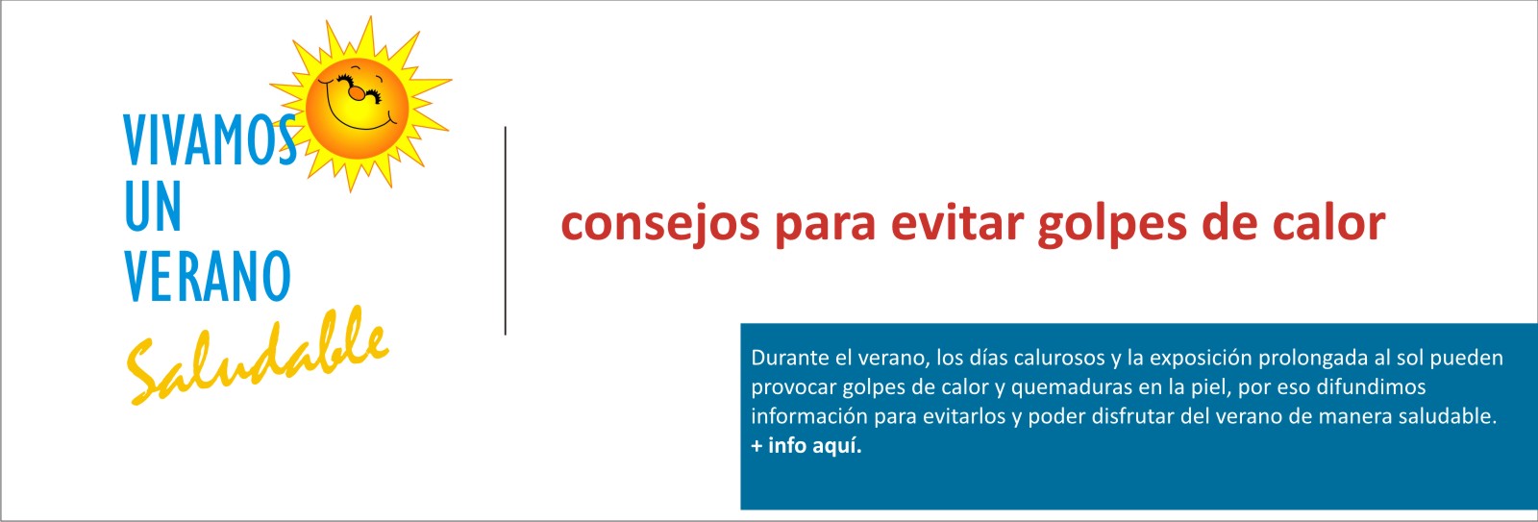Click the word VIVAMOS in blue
point(211,140)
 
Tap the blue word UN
point(153,206)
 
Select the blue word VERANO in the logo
point(208,276)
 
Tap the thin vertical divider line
point(506,231)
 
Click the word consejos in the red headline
point(660,225)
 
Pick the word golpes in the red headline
point(1112,225)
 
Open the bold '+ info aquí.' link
point(806,446)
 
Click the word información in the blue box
point(809,416)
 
